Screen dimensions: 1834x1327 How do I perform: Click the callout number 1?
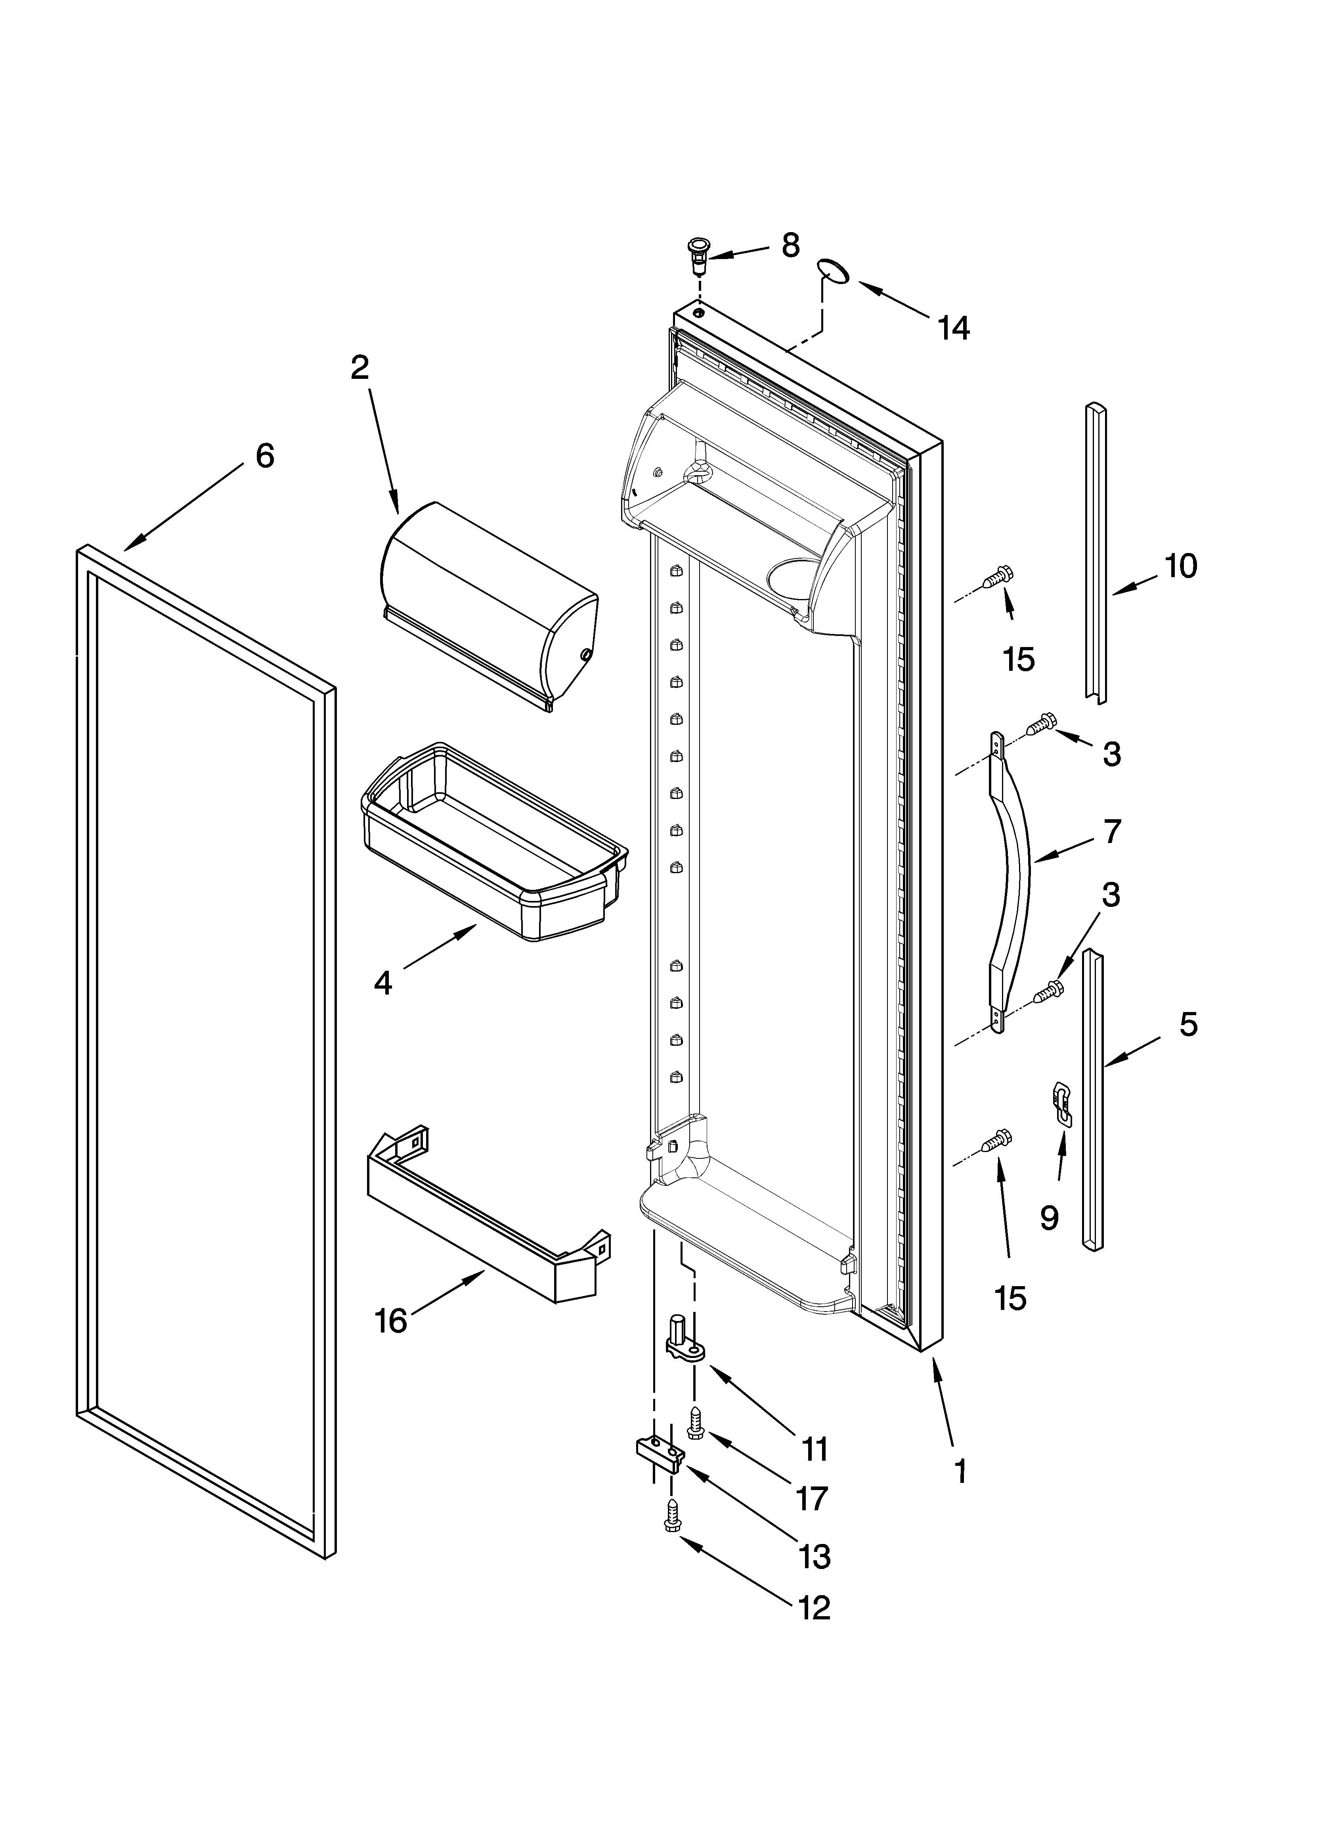(x=960, y=1471)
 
